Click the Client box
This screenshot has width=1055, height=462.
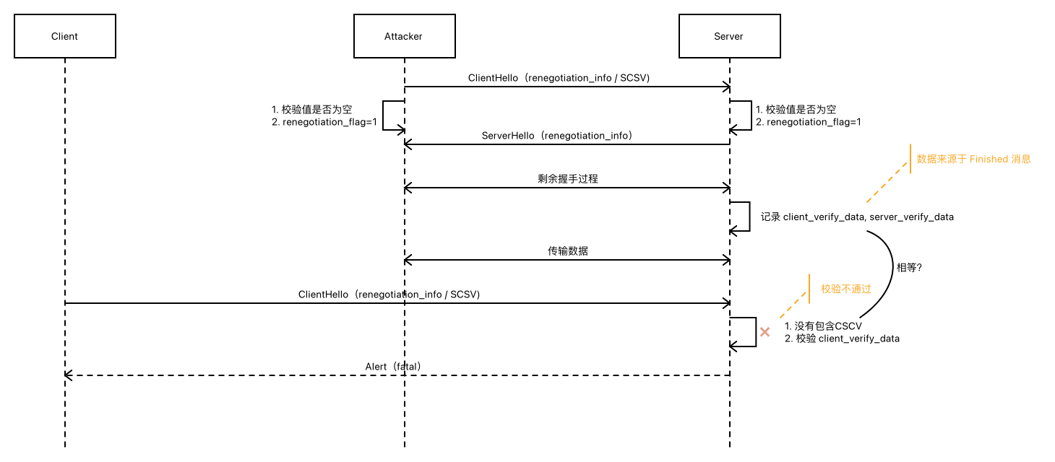tap(64, 36)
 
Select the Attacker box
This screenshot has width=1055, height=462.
tap(404, 36)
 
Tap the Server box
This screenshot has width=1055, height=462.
tap(729, 36)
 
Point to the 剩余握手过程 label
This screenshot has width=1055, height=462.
tap(568, 178)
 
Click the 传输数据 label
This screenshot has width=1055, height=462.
tap(568, 250)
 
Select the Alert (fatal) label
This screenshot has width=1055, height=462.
tap(393, 367)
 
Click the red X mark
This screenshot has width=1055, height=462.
tap(765, 332)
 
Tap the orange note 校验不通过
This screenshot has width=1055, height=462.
tap(845, 289)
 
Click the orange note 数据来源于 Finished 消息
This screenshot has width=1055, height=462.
tap(973, 159)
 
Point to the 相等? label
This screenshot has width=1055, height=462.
tap(908, 266)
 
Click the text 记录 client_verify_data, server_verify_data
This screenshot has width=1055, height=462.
tap(857, 217)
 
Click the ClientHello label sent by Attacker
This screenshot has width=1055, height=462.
tap(559, 78)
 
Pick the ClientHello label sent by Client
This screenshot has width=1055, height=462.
tap(389, 295)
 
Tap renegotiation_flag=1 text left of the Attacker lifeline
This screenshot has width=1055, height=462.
tap(330, 122)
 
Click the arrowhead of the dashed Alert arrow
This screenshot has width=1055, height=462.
tap(68, 375)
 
